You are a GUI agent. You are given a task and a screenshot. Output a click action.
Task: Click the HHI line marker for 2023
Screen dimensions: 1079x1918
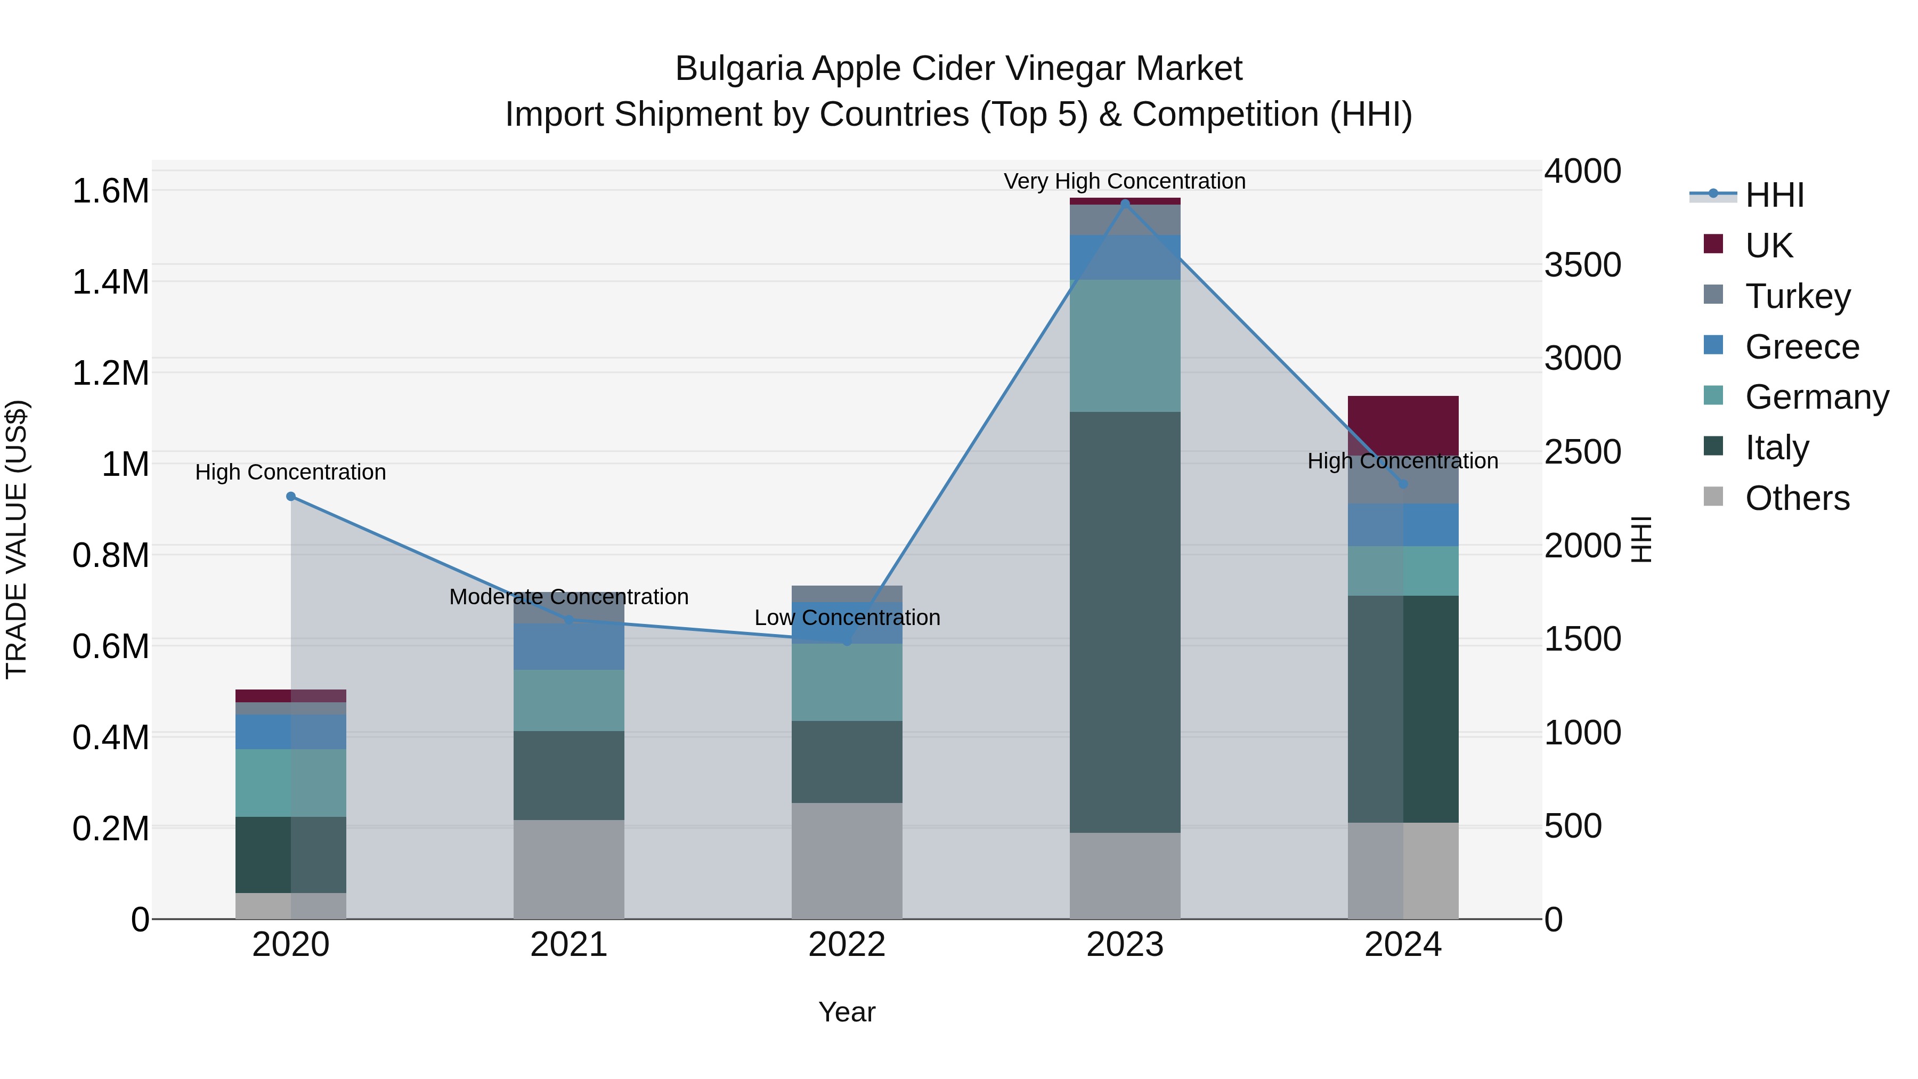(1125, 204)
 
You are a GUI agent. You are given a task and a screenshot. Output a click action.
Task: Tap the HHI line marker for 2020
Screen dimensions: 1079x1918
(291, 497)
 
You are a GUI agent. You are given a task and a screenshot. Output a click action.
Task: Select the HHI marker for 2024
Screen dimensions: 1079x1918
(1403, 484)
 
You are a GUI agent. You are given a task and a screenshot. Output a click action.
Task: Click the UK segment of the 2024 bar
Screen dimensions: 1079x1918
(1403, 425)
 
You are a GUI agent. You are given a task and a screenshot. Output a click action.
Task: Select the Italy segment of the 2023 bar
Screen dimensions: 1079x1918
(1125, 622)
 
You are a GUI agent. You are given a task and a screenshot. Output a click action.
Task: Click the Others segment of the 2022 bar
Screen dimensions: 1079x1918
(847, 861)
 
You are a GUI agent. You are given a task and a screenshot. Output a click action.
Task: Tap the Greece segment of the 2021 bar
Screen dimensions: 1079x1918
(569, 646)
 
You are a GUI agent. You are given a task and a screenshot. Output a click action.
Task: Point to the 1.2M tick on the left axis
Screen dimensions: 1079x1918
(110, 373)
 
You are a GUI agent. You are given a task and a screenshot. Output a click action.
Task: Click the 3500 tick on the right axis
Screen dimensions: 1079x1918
(1582, 265)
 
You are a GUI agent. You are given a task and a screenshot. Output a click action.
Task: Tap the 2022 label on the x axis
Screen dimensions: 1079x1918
(847, 945)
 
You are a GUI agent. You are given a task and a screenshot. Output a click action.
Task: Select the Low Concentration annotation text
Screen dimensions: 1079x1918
(847, 618)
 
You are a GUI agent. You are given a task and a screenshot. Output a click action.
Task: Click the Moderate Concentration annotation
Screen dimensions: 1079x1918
(569, 596)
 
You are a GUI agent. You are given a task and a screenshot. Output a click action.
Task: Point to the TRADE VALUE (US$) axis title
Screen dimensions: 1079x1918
(17, 539)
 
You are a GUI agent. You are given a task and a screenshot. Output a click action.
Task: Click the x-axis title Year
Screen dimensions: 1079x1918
(847, 1012)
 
